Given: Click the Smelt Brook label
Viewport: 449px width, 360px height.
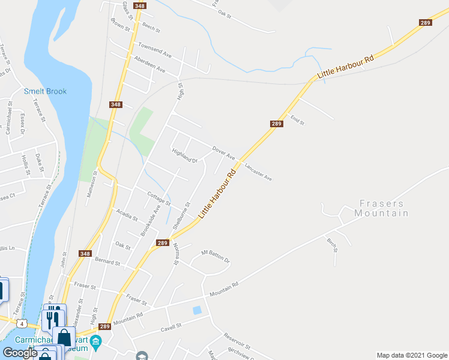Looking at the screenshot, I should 45,91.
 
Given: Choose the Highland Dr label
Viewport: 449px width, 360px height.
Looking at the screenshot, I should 185,156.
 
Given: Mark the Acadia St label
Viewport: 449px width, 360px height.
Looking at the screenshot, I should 127,214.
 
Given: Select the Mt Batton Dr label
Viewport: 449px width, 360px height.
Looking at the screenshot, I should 215,257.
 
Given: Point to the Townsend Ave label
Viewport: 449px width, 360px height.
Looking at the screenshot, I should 155,49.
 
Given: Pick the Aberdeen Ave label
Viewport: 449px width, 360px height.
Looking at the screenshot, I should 149,65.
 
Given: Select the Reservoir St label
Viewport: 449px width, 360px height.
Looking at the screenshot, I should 238,340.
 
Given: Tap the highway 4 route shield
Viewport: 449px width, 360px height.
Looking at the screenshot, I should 22,324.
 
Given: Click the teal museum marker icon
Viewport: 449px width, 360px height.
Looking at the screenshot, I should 99,341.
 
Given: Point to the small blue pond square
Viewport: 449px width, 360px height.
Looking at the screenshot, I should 197,310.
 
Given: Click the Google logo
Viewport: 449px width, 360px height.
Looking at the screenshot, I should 20,353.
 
